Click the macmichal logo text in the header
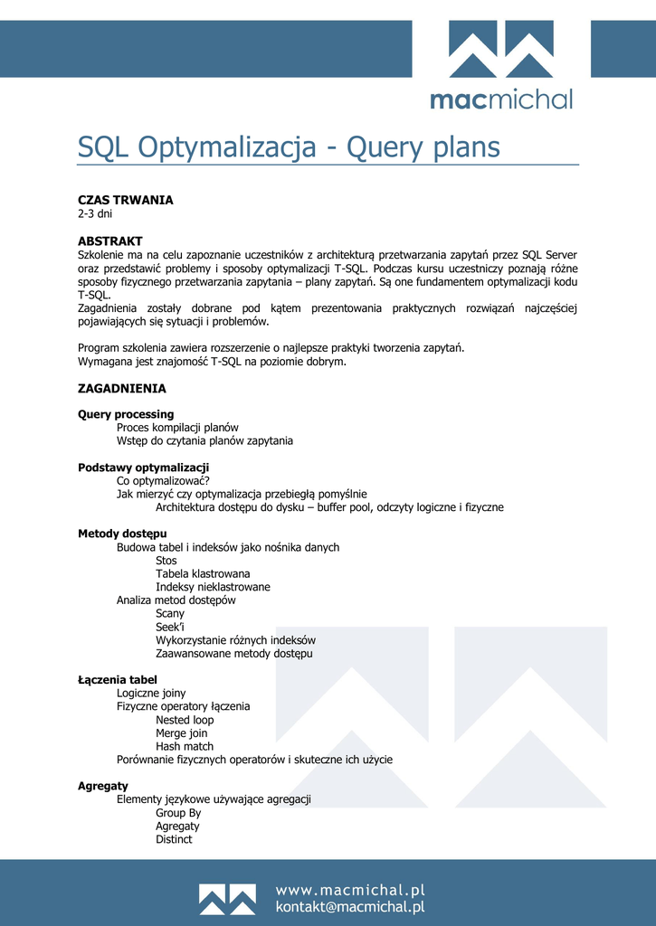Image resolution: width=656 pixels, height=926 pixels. pos(500,99)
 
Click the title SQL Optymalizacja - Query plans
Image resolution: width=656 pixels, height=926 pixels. pos(289,146)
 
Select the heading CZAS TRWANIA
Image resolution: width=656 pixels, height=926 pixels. pos(125,200)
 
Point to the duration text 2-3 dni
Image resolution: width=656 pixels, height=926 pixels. pos(95,214)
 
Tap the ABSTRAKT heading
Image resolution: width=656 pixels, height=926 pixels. pos(109,241)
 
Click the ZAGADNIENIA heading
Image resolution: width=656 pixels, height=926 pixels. pos(121,388)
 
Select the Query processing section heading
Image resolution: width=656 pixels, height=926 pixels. pos(126,414)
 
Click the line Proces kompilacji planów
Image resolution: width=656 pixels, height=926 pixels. pos(177,428)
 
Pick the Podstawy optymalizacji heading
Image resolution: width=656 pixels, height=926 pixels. pos(143,468)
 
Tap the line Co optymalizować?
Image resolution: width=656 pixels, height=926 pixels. pos(163,481)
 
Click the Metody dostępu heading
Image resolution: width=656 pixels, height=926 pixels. pos(122,534)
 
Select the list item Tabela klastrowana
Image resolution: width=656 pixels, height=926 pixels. pos(203,573)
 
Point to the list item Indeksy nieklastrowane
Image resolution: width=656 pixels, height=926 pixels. pos(213,587)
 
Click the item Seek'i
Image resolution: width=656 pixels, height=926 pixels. pos(170,627)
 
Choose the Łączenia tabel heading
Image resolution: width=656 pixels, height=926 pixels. pos(118,680)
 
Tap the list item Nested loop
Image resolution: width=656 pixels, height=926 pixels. pos(185,720)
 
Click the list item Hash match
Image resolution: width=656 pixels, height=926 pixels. pos(185,747)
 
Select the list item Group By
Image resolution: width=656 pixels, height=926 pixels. pos(178,813)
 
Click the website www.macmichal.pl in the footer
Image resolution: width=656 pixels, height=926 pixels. pos(349,891)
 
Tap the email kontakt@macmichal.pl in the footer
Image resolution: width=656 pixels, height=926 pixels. pos(349,907)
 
